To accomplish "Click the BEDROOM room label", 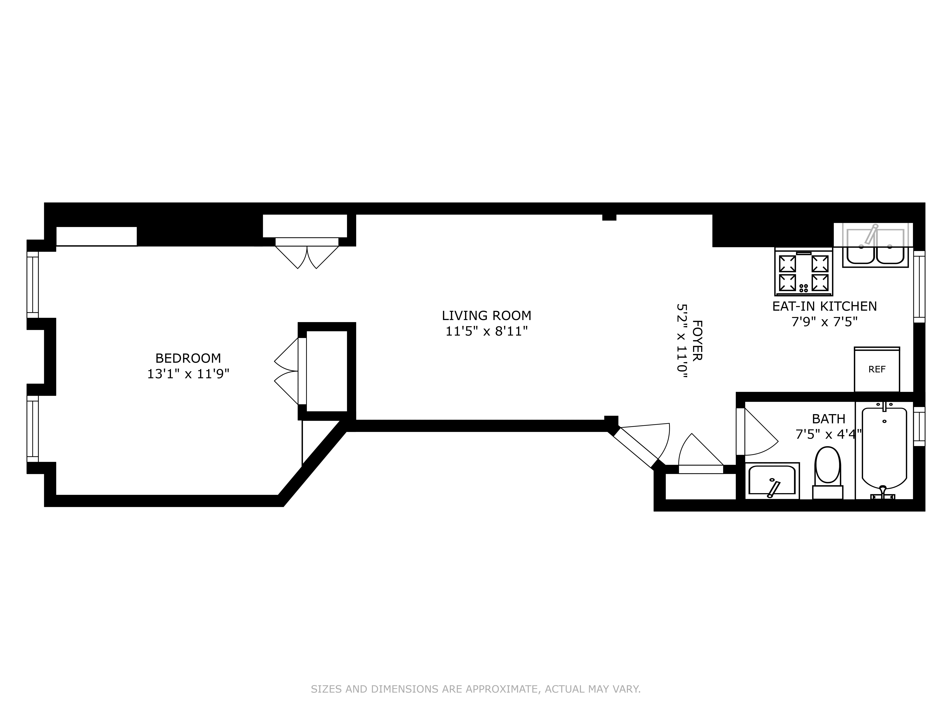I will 188,358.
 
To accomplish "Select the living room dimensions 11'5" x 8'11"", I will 486,331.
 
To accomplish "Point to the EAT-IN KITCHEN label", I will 824,306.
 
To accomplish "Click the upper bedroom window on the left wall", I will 33,284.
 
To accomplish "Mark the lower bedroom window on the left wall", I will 33,428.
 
